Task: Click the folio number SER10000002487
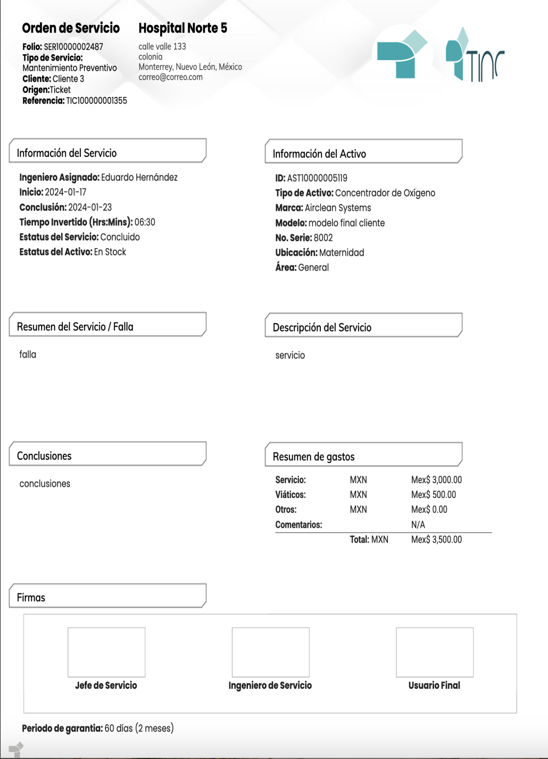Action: click(x=73, y=47)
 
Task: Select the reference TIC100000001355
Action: click(x=96, y=100)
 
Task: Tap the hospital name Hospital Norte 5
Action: click(x=182, y=28)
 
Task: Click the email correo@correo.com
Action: click(x=170, y=77)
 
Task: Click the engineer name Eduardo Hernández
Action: click(x=139, y=178)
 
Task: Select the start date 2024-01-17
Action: click(x=65, y=192)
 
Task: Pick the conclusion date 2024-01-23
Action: click(x=90, y=207)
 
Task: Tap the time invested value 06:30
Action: click(x=145, y=222)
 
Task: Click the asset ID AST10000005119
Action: click(x=317, y=178)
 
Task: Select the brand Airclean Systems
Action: click(x=338, y=208)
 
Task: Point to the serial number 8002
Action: click(x=323, y=238)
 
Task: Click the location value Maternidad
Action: click(x=342, y=252)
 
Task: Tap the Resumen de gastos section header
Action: click(x=313, y=457)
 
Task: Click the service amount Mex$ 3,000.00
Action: click(x=436, y=480)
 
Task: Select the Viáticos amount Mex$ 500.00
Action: click(x=433, y=495)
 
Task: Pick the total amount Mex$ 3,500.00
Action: click(x=436, y=539)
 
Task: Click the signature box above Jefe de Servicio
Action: click(x=106, y=652)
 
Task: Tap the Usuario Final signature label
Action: click(x=434, y=686)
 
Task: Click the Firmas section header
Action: click(x=31, y=597)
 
